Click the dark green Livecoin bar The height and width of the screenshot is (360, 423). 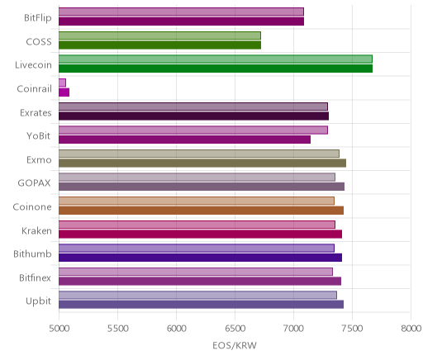216,69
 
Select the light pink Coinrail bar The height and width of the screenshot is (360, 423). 62,83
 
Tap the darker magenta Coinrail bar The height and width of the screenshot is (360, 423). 64,92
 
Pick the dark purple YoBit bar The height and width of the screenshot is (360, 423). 185,140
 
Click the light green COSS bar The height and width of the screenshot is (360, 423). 159,36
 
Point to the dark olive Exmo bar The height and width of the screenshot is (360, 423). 202,163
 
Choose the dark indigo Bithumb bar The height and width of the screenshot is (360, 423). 201,258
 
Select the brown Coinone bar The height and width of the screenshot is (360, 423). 202,211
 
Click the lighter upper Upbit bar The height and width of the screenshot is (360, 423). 197,295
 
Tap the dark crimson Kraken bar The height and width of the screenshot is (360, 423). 201,234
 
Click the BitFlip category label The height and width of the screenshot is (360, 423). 38,18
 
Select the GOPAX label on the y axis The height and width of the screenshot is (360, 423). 35,183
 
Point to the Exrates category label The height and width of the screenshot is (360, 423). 36,113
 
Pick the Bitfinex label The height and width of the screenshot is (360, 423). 36,277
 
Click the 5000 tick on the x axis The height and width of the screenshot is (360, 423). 59,329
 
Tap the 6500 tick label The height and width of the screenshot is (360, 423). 235,329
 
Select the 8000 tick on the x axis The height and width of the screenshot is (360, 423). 411,329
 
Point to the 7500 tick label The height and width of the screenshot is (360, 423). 352,329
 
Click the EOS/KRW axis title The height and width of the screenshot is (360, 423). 235,345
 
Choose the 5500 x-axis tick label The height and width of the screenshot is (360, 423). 118,329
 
